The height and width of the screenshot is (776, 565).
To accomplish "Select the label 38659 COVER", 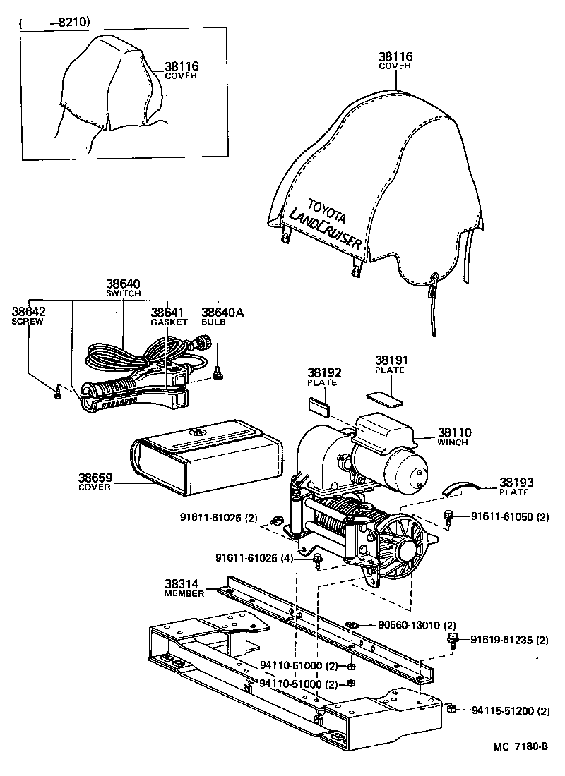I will click(94, 481).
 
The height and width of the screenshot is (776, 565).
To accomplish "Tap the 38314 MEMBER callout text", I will click(184, 588).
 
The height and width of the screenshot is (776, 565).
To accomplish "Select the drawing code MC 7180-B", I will click(512, 746).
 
